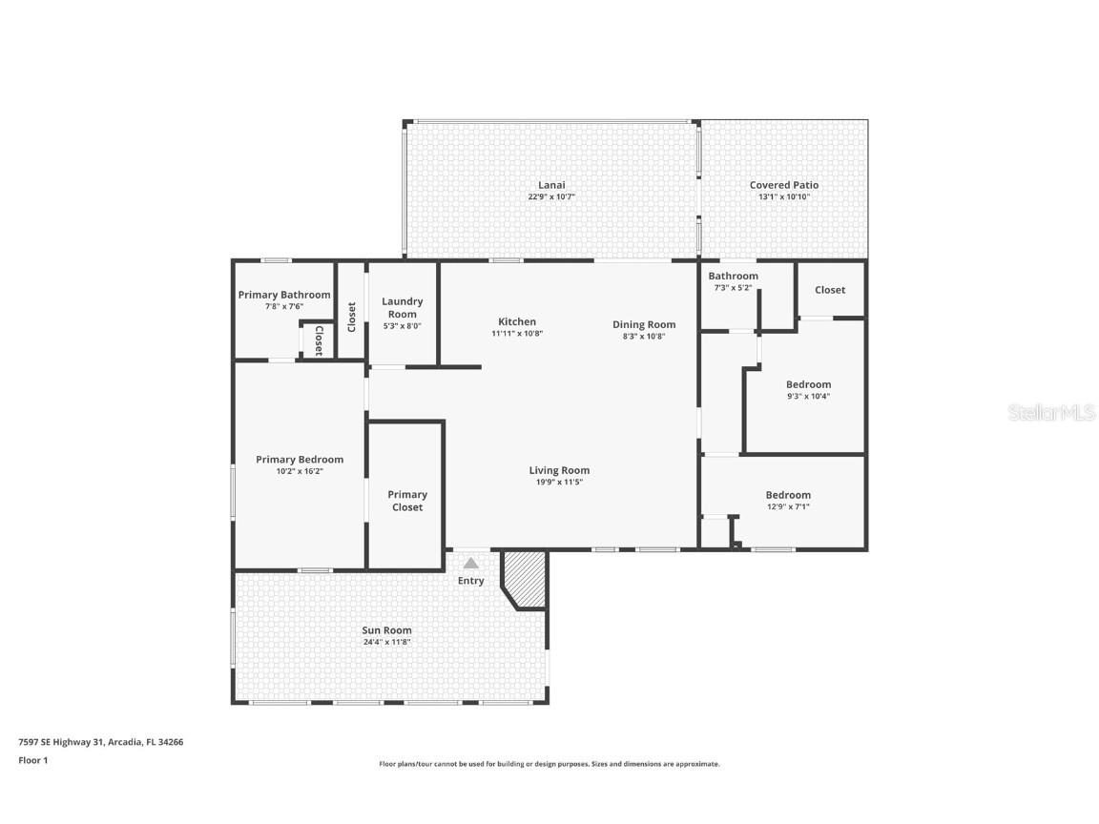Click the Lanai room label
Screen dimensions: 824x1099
click(551, 185)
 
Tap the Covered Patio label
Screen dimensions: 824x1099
click(783, 185)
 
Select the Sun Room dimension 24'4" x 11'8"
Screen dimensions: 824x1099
click(386, 642)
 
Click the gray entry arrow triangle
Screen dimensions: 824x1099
click(471, 564)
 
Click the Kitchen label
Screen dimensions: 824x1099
click(517, 321)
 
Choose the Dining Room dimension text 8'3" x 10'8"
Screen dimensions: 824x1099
click(644, 336)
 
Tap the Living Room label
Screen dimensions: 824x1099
click(559, 470)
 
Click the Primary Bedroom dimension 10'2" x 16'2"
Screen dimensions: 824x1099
click(300, 471)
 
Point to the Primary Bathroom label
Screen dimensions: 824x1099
click(284, 295)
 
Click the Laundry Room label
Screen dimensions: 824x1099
click(402, 307)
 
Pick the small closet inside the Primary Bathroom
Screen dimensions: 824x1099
click(318, 340)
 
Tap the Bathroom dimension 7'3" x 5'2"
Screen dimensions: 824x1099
click(733, 287)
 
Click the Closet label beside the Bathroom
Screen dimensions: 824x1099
click(829, 290)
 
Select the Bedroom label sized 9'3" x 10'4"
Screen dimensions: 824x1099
click(808, 384)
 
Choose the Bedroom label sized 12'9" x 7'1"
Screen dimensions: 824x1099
click(788, 495)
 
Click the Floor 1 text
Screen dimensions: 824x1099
click(32, 760)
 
